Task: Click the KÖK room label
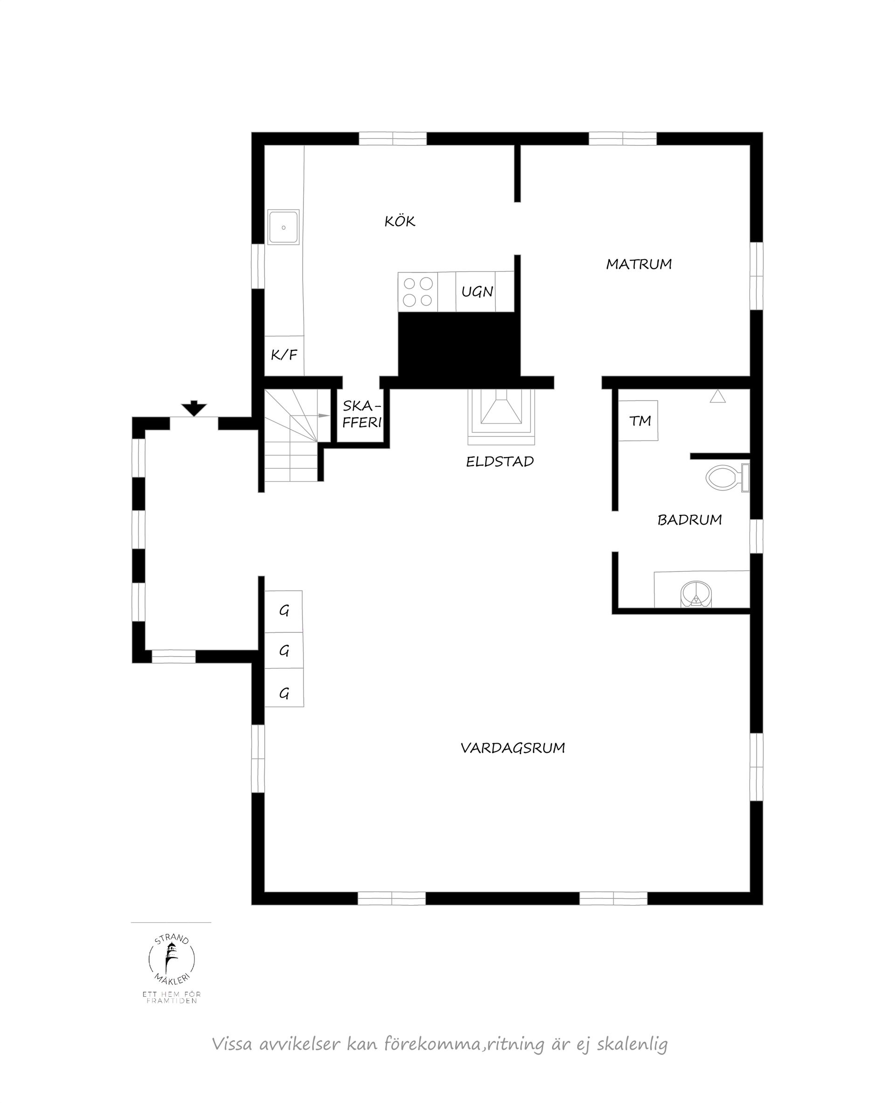[x=399, y=222]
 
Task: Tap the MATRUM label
[x=638, y=264]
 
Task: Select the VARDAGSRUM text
[x=512, y=748]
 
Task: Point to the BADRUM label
[x=689, y=520]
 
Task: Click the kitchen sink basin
[x=283, y=227]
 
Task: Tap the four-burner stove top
[x=418, y=292]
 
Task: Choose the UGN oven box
[x=477, y=292]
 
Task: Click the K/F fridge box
[x=284, y=355]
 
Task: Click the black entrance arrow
[x=194, y=408]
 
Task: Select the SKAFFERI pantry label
[x=362, y=414]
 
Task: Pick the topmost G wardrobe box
[x=283, y=611]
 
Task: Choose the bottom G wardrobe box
[x=284, y=694]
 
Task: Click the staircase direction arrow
[x=324, y=415]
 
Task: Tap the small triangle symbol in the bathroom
[x=718, y=397]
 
